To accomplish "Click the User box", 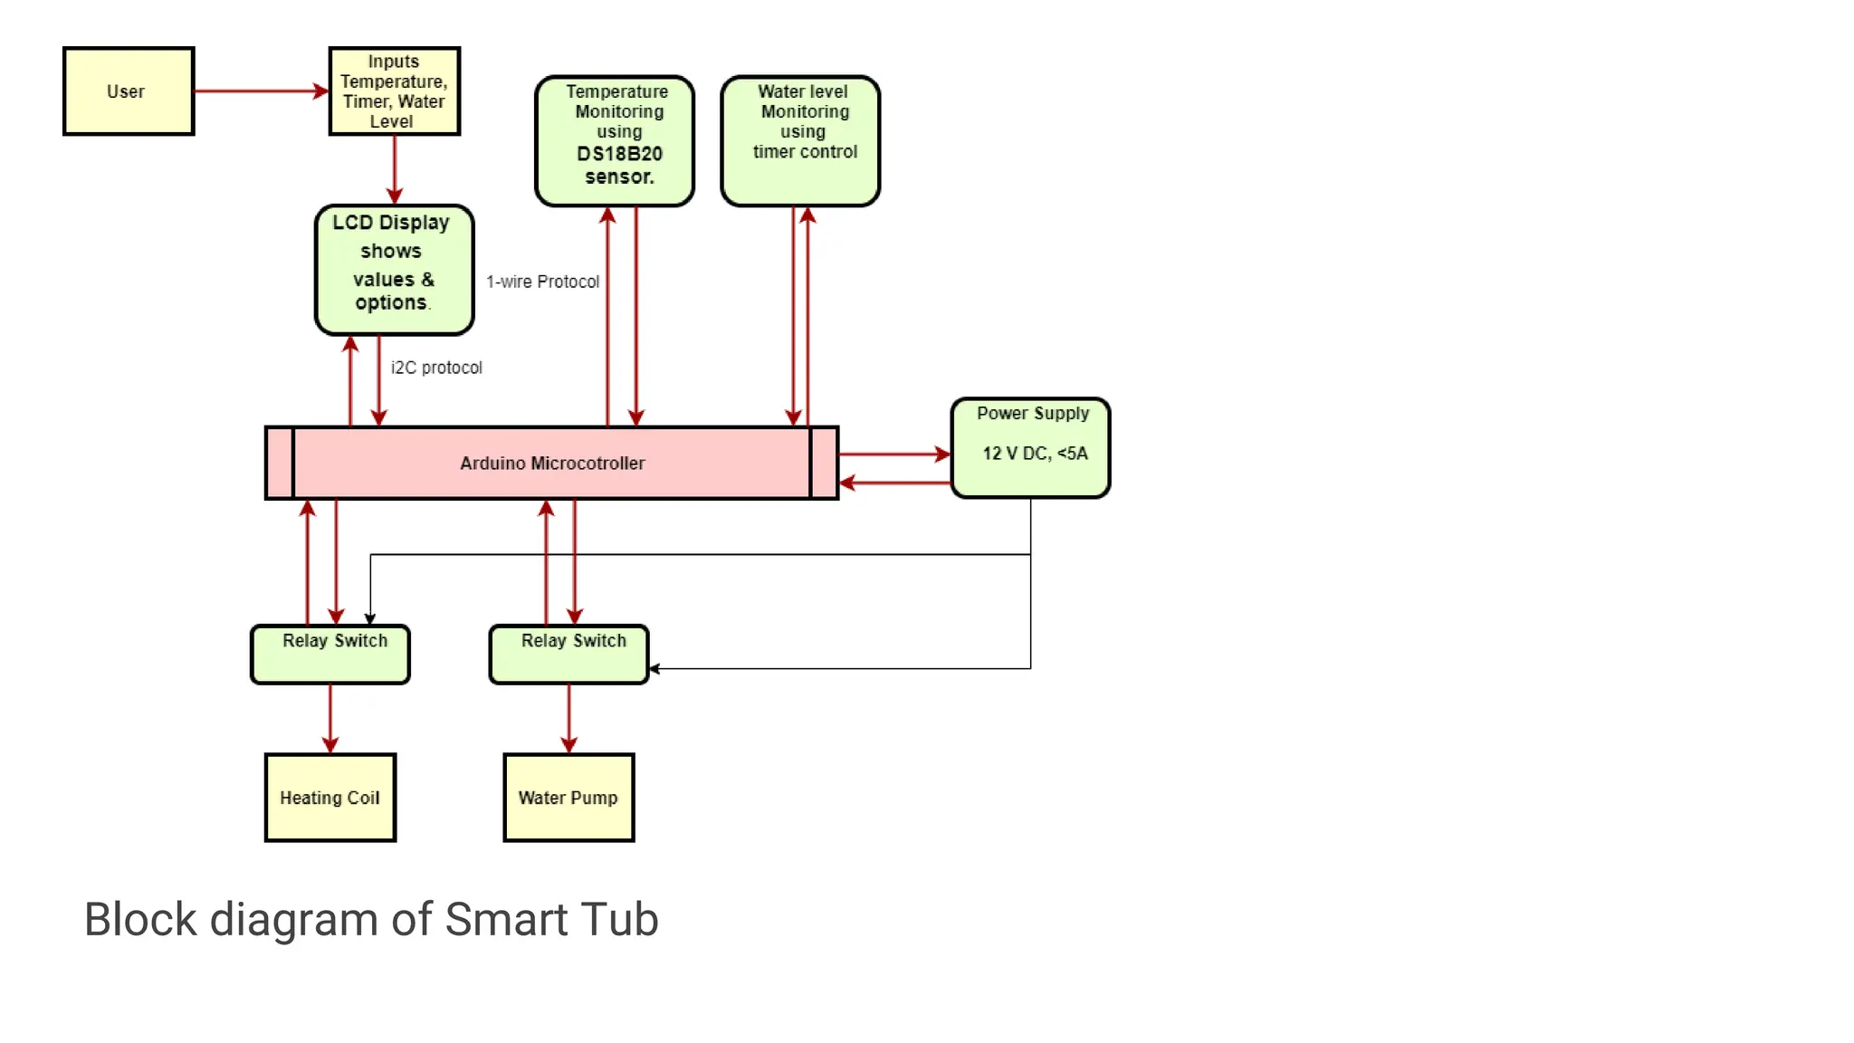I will pos(128,91).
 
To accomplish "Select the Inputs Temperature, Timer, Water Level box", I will pos(394,91).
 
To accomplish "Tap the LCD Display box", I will pos(394,270).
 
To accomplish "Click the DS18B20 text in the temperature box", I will pos(619,154).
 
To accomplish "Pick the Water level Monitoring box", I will pos(800,141).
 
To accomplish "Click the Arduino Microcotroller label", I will pos(552,464).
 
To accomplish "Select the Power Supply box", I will pos(1030,448).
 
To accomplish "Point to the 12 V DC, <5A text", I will pos(1035,454).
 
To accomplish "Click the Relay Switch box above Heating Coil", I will pos(330,655).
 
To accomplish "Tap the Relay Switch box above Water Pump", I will pos(569,655).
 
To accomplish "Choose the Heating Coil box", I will pos(330,798).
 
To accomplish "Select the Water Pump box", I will pos(569,798).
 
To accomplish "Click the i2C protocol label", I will pos(436,368).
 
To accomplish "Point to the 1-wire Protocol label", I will pos(542,282).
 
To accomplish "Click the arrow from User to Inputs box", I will pos(261,91).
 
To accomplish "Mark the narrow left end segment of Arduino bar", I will pos(280,463).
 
